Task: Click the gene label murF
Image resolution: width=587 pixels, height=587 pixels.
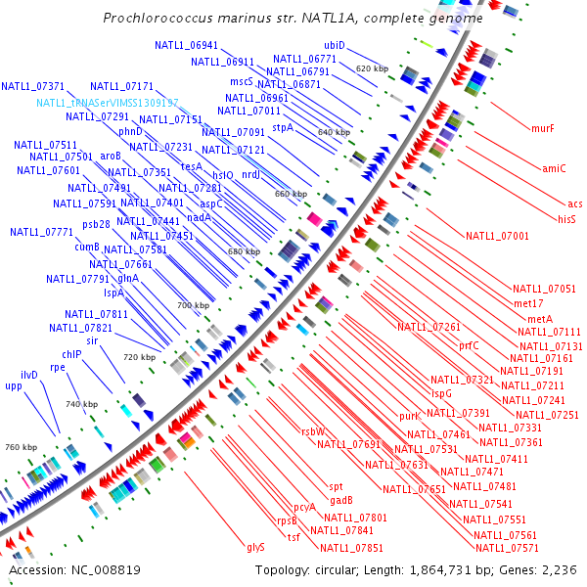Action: (x=542, y=128)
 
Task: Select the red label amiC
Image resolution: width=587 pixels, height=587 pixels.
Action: (x=554, y=168)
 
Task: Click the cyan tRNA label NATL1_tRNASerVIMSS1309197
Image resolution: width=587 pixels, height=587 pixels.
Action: (x=108, y=103)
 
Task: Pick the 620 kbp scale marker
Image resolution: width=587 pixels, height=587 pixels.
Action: (x=372, y=69)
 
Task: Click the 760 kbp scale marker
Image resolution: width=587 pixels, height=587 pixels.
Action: (x=20, y=447)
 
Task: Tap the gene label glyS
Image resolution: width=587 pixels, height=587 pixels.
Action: (x=255, y=547)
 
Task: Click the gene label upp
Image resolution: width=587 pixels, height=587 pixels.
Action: (x=13, y=386)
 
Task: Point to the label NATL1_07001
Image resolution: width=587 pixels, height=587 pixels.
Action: (x=497, y=236)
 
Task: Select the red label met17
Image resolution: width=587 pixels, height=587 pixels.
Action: (x=527, y=304)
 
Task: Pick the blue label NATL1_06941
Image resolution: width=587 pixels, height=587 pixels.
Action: (x=186, y=45)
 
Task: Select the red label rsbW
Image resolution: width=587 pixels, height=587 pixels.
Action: (x=312, y=431)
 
